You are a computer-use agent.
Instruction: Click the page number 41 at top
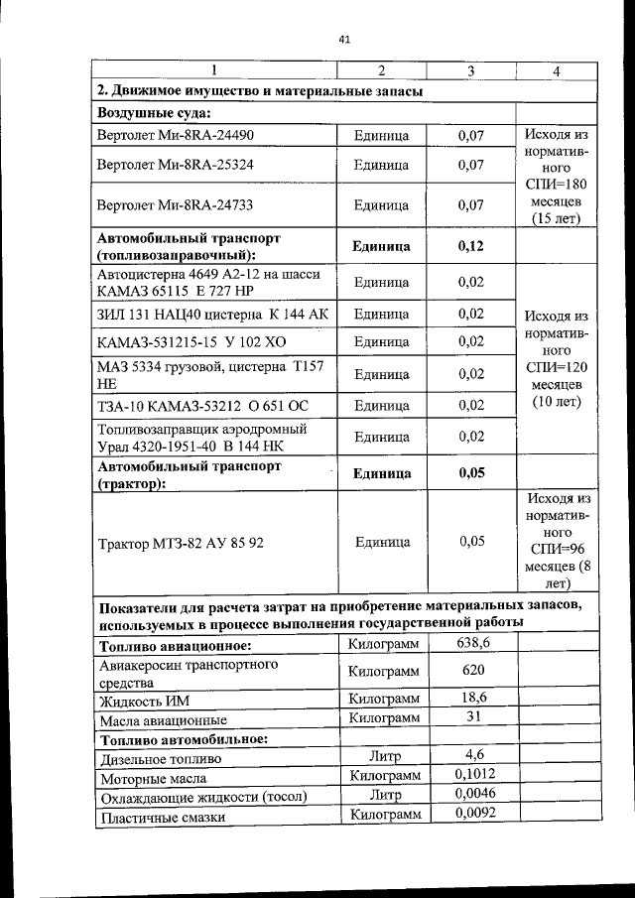(x=344, y=41)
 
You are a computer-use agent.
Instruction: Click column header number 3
(x=470, y=70)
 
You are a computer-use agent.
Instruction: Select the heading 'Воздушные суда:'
(x=146, y=112)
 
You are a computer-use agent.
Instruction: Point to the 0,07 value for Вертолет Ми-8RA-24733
(x=470, y=205)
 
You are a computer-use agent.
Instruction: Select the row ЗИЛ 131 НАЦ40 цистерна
(x=212, y=315)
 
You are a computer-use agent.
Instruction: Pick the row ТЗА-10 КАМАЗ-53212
(x=195, y=406)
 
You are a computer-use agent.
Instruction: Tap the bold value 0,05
(x=470, y=473)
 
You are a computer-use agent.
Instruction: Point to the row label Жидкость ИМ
(x=144, y=701)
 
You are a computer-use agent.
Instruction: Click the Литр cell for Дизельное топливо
(x=382, y=756)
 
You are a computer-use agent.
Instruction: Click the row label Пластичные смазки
(x=162, y=817)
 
